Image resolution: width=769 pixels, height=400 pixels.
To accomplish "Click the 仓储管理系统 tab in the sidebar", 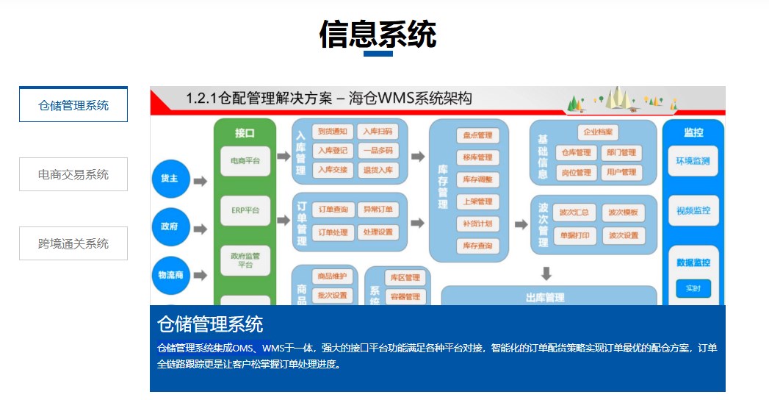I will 73,104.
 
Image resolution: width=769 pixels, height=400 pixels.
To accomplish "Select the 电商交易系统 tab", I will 73,174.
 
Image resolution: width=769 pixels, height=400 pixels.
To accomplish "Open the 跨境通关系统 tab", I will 73,243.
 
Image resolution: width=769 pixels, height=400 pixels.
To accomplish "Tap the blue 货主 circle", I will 170,179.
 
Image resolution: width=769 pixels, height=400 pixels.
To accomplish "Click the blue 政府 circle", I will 170,227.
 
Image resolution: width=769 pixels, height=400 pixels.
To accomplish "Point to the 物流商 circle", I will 170,276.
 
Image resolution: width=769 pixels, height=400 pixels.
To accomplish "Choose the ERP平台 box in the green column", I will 245,210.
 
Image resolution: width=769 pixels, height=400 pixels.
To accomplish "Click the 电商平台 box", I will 245,160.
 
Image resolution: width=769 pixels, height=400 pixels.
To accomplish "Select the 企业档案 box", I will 597,133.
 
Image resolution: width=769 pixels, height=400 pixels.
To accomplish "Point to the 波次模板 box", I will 624,213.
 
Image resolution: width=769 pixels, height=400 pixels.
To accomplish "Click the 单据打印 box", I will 573,236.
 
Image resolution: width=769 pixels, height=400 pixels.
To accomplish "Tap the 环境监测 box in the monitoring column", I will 693,162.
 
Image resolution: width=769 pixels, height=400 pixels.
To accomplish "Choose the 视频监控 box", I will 693,211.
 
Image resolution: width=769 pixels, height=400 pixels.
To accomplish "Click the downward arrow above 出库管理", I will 546,274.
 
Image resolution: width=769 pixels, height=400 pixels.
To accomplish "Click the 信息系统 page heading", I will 378,34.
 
